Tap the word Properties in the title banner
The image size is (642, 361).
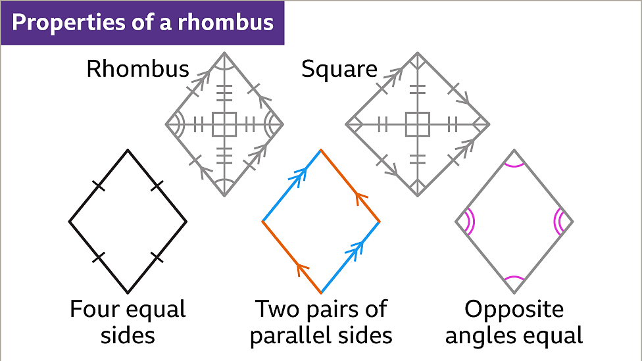(57, 22)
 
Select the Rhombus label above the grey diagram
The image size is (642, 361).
(137, 68)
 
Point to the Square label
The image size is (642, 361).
(339, 68)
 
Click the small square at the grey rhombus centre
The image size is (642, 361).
(224, 123)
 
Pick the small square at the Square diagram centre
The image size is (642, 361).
(417, 123)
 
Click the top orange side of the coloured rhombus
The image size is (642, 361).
(350, 186)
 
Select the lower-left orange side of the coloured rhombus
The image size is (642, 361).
(291, 257)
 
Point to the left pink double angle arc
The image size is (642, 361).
(469, 222)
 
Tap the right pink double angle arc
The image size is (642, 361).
(558, 222)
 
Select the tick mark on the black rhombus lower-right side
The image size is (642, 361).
(157, 257)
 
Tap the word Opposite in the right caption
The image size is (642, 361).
(514, 309)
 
